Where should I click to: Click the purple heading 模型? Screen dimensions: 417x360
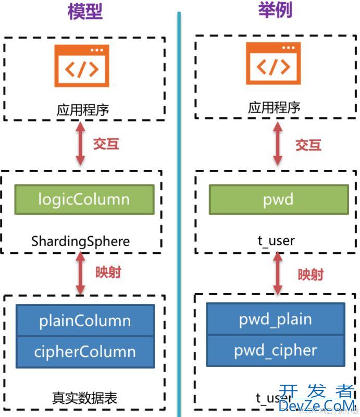point(84,10)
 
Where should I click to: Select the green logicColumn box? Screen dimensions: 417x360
point(84,200)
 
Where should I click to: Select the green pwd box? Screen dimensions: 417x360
point(278,199)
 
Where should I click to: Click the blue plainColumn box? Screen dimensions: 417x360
point(85,321)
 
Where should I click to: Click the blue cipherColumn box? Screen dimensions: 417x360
point(85,351)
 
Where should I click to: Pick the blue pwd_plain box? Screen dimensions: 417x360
point(275,320)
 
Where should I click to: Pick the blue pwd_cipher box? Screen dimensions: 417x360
point(275,350)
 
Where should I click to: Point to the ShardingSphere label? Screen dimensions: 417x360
point(80,241)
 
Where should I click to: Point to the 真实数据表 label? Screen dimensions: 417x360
point(85,398)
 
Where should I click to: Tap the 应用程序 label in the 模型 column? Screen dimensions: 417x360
point(83,110)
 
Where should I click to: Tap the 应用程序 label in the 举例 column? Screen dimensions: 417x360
point(274,108)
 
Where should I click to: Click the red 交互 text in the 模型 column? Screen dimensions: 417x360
point(106,144)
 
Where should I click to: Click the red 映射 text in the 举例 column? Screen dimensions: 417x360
point(311,275)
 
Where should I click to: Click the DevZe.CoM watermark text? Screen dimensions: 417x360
point(317,405)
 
